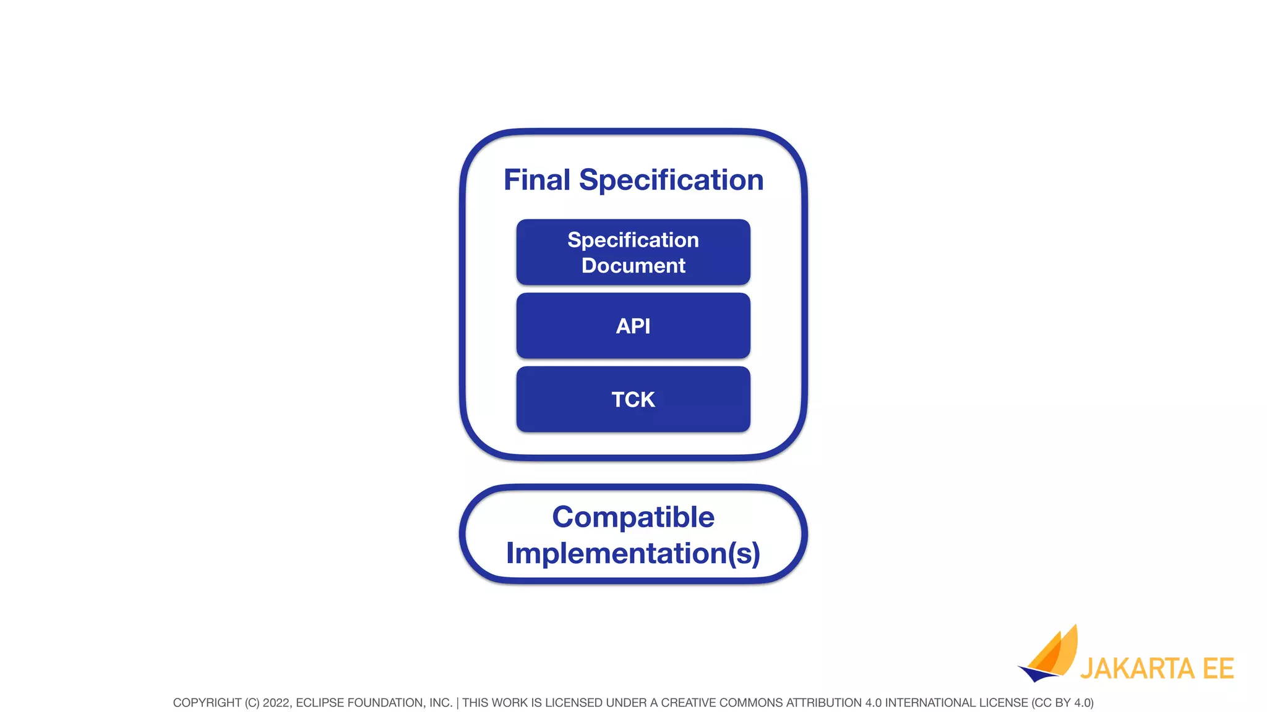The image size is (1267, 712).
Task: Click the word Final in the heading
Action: [536, 180]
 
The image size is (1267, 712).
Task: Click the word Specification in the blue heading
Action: [671, 180]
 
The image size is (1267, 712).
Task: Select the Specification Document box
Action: [633, 252]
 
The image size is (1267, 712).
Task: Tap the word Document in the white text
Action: [633, 266]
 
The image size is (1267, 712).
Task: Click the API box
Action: [633, 326]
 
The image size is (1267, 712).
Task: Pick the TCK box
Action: [633, 399]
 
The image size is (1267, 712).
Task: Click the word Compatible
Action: [633, 517]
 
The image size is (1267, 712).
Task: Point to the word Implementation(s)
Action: [633, 553]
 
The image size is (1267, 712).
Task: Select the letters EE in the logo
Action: [1218, 669]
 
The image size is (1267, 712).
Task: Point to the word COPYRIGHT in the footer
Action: [207, 703]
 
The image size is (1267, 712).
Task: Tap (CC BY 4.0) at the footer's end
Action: [1062, 703]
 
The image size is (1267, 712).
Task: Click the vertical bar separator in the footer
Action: [457, 703]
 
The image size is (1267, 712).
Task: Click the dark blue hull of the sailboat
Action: [1036, 674]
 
